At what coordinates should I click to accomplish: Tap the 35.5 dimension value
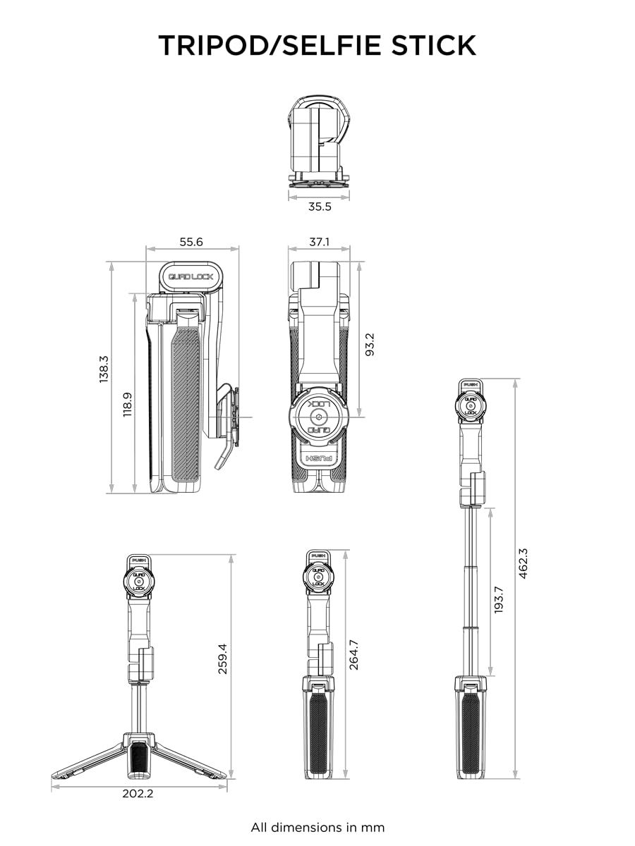click(x=319, y=207)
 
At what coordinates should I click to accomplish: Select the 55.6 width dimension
click(x=191, y=241)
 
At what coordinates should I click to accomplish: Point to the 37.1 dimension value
click(x=319, y=241)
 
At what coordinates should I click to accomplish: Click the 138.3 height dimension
click(x=104, y=369)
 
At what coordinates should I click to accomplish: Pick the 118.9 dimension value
click(x=128, y=405)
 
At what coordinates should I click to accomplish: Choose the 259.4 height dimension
click(x=223, y=658)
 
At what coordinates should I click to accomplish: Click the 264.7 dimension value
click(x=353, y=654)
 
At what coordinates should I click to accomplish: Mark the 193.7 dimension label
click(x=499, y=599)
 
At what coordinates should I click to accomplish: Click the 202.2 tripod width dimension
click(x=138, y=793)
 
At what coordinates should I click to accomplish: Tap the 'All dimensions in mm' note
click(x=317, y=827)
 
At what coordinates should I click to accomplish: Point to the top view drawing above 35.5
click(x=319, y=141)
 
